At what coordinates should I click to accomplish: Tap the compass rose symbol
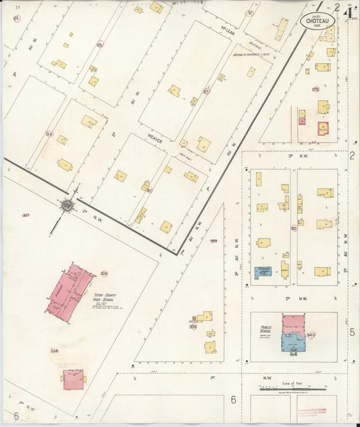[68, 204]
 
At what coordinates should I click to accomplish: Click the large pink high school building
[70, 290]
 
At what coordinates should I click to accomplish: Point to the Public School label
[267, 330]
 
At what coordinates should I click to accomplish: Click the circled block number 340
[311, 334]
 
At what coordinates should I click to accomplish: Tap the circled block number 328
[104, 274]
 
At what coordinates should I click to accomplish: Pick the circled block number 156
[49, 134]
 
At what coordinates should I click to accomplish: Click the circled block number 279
[315, 89]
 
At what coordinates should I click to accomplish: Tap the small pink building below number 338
[74, 378]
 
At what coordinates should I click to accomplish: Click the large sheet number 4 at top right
[349, 11]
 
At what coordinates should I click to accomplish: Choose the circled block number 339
[192, 327]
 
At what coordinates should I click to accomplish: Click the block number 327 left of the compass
[26, 216]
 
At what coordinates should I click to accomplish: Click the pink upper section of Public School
[294, 322]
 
